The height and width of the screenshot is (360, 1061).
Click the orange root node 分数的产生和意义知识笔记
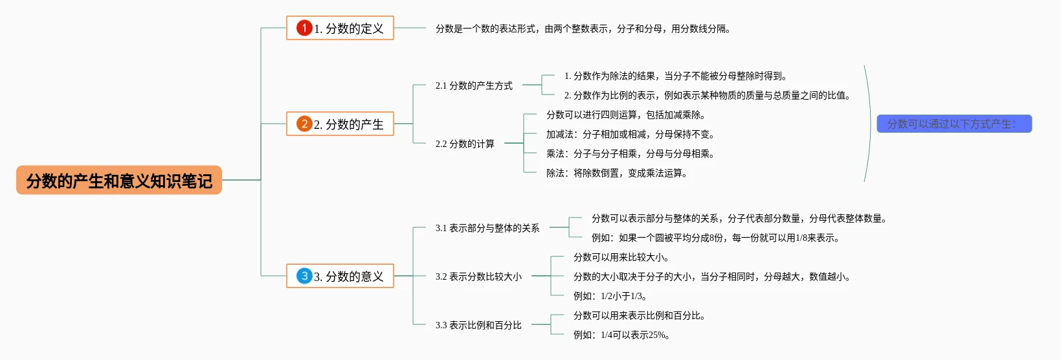119,181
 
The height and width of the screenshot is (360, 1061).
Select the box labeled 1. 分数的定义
340,28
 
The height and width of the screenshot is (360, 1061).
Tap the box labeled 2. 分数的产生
340,124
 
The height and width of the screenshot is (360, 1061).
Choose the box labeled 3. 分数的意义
340,276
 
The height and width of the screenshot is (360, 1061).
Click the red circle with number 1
304,28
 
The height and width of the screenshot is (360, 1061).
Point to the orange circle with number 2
304,124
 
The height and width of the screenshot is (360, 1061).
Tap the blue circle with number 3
304,276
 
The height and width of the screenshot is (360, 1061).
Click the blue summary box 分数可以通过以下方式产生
954,124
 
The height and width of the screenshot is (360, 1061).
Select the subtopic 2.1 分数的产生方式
474,85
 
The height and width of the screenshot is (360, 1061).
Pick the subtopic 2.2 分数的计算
465,144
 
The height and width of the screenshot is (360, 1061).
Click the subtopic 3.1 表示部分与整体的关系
487,228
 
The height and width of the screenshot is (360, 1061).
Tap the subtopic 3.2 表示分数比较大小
478,276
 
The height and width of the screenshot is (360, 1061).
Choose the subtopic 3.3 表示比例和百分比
478,325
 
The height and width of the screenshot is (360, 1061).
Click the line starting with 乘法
630,153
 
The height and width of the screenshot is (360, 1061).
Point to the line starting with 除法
616,173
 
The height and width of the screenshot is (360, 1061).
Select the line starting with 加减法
630,134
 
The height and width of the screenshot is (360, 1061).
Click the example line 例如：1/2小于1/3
610,296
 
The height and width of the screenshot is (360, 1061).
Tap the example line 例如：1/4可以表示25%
621,335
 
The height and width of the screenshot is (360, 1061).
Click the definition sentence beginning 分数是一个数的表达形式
583,28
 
